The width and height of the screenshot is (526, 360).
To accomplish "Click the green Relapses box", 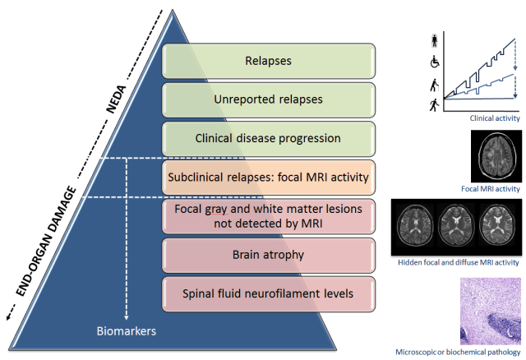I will click(269, 61).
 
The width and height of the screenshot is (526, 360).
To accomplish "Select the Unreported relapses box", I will click(269, 99).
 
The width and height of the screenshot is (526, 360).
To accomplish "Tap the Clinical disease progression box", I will click(269, 138).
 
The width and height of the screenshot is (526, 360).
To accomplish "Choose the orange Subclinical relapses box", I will click(269, 177).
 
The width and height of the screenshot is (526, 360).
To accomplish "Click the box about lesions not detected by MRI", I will click(269, 215).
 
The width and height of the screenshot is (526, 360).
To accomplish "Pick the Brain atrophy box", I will click(269, 254).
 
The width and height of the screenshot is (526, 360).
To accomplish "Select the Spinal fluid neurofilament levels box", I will click(269, 293).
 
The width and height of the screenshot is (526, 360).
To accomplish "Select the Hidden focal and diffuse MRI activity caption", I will click(458, 262).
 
